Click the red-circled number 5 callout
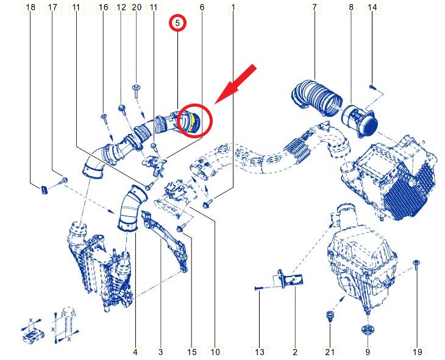[x=177, y=23]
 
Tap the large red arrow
[x=235, y=84]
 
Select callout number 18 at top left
[x=30, y=7]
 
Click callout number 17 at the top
[x=52, y=7]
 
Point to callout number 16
[x=103, y=7]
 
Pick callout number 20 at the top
[x=137, y=7]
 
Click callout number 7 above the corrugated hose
[x=314, y=7]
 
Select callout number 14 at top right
[x=372, y=7]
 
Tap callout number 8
[x=351, y=7]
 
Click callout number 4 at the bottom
[x=135, y=352]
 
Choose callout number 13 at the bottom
[x=260, y=352]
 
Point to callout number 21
[x=330, y=352]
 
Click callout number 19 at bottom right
[x=417, y=352]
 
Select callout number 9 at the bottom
[x=368, y=352]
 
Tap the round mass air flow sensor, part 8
[x=360, y=120]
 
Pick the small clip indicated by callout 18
[x=44, y=189]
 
